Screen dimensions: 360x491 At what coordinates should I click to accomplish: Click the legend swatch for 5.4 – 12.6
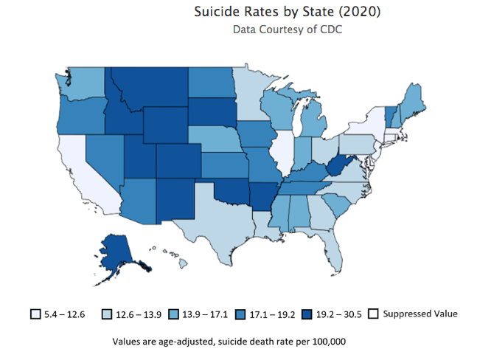[x=35, y=315]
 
